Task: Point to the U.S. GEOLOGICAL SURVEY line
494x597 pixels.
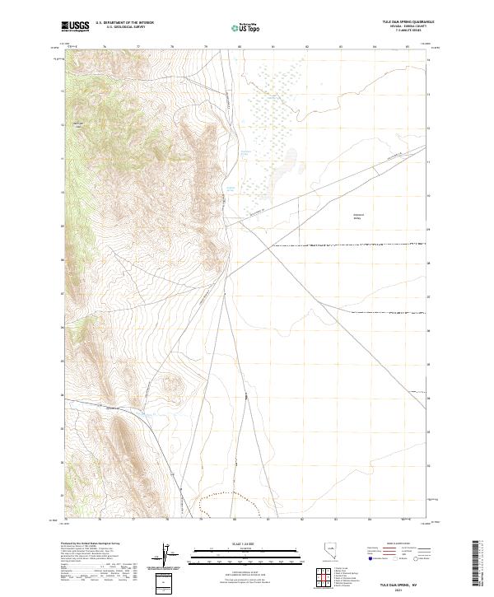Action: tap(124, 27)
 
